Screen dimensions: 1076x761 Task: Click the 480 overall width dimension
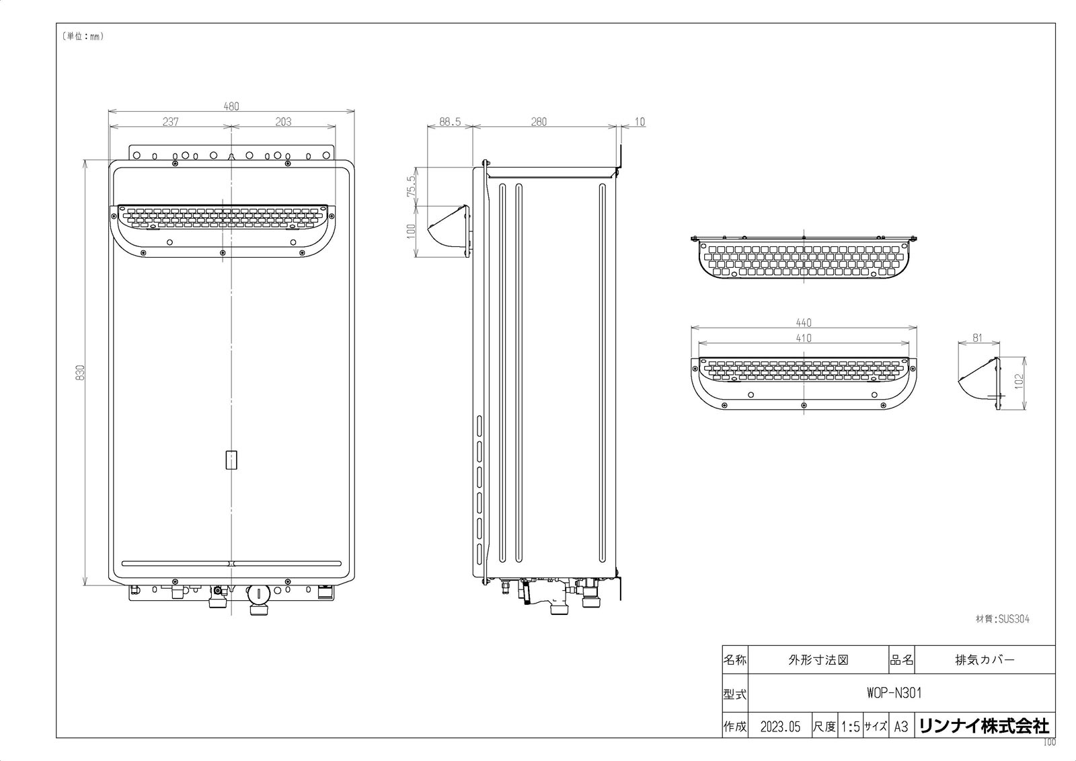pos(231,106)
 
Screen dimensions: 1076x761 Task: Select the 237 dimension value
pos(171,122)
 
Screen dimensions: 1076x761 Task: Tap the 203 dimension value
pos(283,122)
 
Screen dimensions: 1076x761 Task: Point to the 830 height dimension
pos(80,373)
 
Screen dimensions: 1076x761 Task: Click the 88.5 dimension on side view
pos(450,122)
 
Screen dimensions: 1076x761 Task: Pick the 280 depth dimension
pos(539,122)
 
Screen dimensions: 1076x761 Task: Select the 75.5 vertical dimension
pos(411,186)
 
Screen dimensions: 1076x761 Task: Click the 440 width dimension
pos(804,322)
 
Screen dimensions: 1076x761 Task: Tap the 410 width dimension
pos(804,338)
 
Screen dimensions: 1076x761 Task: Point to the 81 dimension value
pos(978,338)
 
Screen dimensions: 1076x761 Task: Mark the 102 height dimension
pos(1020,382)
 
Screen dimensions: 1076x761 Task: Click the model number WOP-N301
pos(894,693)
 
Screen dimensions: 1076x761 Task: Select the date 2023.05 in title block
pos(781,727)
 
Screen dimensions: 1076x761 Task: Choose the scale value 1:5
pos(850,727)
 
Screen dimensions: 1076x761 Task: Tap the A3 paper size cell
pos(901,727)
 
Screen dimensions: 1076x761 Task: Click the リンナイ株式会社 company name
pos(985,727)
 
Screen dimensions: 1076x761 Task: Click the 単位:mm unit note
pos(83,36)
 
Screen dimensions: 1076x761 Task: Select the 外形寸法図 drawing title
pos(818,660)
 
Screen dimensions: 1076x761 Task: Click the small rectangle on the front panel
pos(231,460)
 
